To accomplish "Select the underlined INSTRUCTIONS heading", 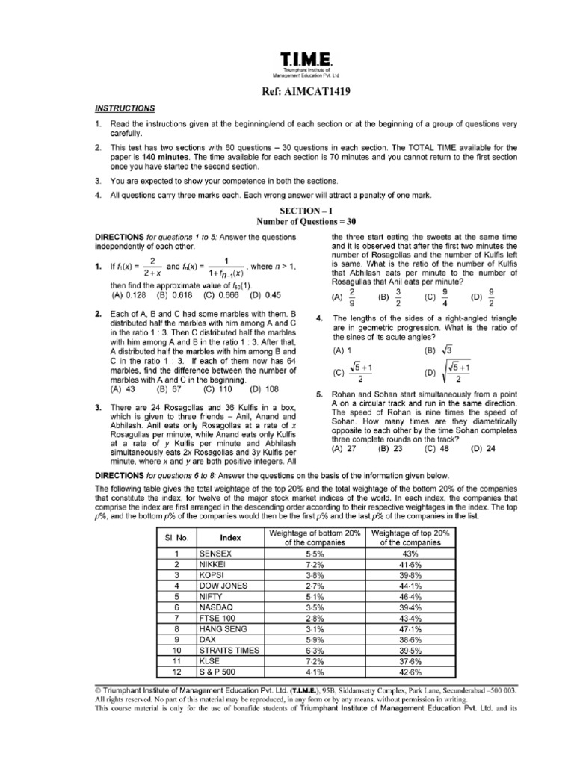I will click(125, 108).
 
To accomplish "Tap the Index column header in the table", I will click(230, 536).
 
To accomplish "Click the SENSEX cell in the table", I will click(216, 554).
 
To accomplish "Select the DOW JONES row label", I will click(222, 587).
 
